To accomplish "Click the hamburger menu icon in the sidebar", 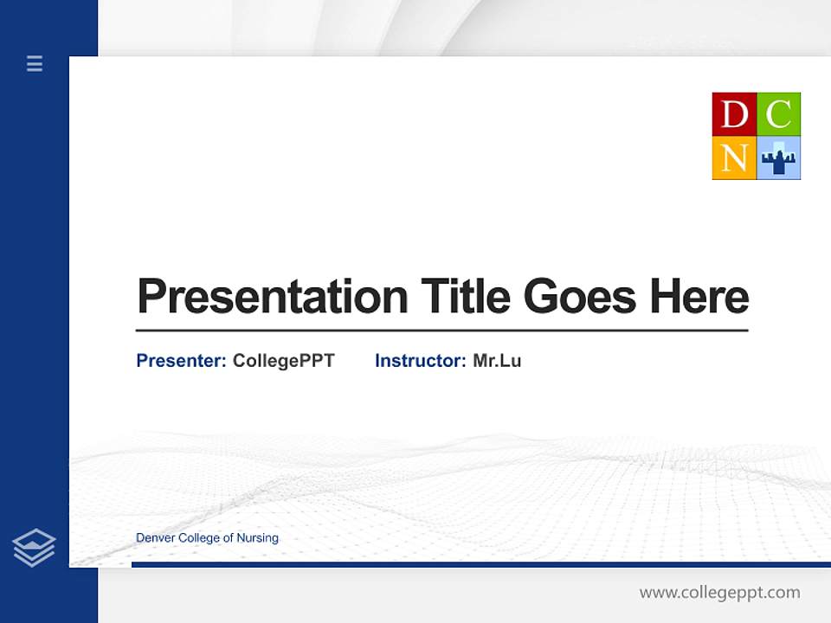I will point(35,63).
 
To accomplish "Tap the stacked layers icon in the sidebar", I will point(34,548).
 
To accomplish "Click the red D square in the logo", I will point(734,114).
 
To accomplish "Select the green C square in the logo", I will point(779,114).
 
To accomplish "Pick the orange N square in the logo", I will point(734,158).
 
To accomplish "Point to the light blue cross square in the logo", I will point(779,158).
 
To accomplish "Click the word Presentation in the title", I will point(273,297).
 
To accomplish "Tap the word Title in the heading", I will point(465,297).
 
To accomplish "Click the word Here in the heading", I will point(699,297).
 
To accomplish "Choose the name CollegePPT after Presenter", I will point(283,361).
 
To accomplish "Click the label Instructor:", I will point(421,361).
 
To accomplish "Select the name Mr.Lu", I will point(497,361).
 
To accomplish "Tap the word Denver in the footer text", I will point(155,538).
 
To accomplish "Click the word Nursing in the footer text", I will point(257,538).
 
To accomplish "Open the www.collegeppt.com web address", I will point(719,593).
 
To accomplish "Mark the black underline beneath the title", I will point(441,330).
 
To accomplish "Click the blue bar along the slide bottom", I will point(480,564).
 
